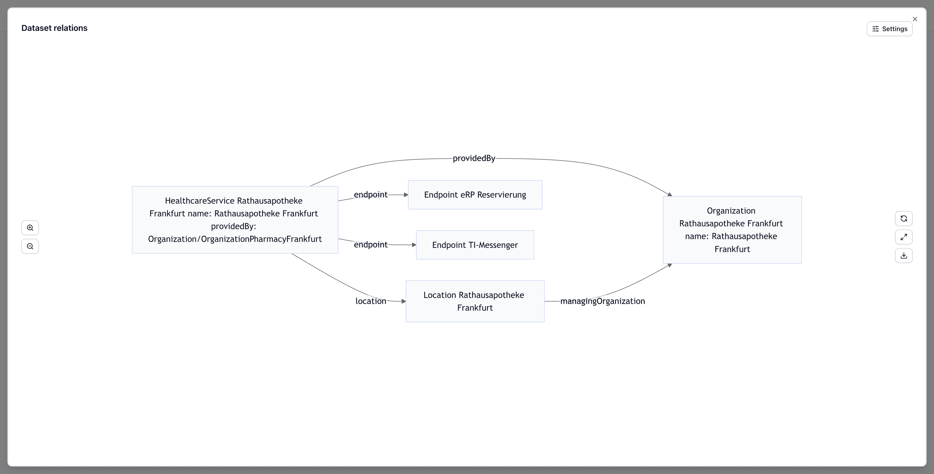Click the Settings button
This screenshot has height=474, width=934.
tap(889, 29)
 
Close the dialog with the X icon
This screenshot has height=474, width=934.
tap(915, 19)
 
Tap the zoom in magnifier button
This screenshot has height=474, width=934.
tap(30, 228)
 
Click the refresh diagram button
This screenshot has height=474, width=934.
tap(904, 219)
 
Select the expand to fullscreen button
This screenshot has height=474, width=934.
tap(904, 237)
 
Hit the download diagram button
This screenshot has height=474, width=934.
tap(904, 256)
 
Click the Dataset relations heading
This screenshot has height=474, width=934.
tap(54, 28)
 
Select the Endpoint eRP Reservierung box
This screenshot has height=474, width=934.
tap(475, 195)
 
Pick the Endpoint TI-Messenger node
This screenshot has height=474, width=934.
tap(475, 245)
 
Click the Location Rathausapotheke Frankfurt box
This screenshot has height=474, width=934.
tap(475, 301)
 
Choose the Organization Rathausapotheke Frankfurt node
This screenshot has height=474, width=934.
tap(732, 230)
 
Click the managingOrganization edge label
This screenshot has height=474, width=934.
tap(602, 301)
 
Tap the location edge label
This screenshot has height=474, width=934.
tap(370, 301)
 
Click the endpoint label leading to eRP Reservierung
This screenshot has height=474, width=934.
tap(370, 195)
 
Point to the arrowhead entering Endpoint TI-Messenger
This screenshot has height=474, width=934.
tap(414, 245)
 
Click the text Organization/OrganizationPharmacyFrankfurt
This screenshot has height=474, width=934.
tap(235, 239)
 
